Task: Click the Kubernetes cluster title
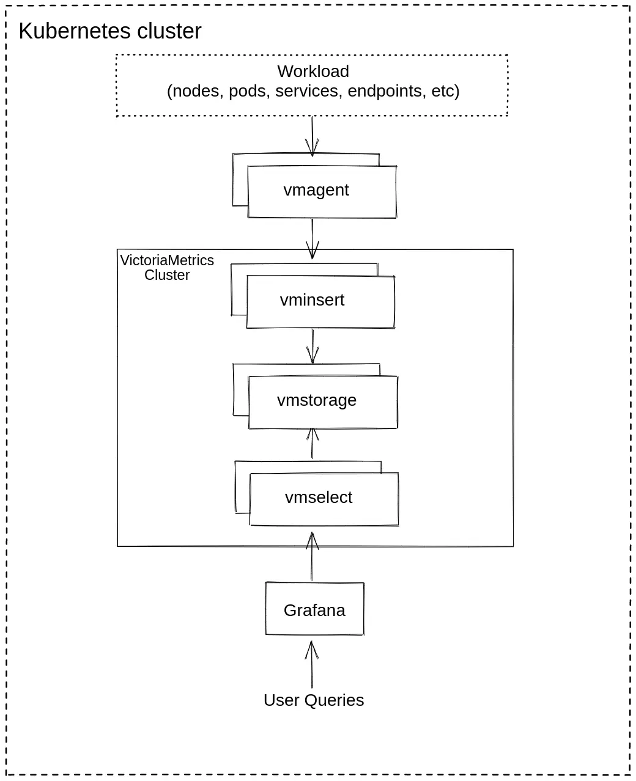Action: [x=110, y=31]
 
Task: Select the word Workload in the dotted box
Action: [x=313, y=71]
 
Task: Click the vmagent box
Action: [x=321, y=191]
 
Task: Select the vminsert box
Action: [x=320, y=301]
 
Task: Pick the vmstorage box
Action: [x=322, y=402]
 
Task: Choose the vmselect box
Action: [x=324, y=499]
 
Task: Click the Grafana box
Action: [x=314, y=610]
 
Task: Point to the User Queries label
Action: [x=313, y=700]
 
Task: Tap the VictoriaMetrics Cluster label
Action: [x=167, y=268]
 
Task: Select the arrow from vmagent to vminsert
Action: [x=312, y=238]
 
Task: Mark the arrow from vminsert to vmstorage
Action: [x=312, y=346]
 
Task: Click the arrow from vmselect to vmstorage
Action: [x=312, y=443]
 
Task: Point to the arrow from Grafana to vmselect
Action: [x=312, y=556]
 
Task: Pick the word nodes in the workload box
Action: [x=196, y=91]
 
